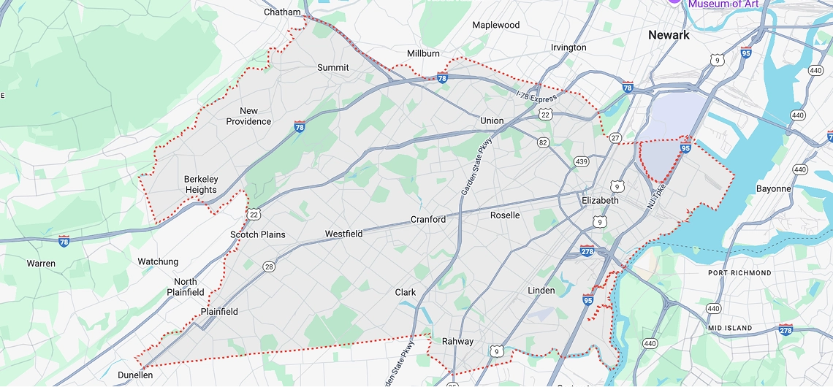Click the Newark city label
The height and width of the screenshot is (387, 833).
click(669, 35)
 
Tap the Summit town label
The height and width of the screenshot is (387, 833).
click(332, 67)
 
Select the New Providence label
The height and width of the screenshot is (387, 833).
click(248, 116)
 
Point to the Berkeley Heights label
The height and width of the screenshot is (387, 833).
click(201, 185)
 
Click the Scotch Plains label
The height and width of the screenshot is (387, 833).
click(258, 234)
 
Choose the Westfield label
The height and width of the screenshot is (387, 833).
click(343, 234)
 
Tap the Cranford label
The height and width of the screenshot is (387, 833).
click(428, 219)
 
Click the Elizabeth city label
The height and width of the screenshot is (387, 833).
click(600, 200)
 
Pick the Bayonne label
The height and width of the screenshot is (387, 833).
click(773, 188)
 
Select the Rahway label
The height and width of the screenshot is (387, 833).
click(457, 341)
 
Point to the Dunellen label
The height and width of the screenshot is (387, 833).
click(135, 375)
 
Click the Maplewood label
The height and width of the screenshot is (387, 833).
click(496, 25)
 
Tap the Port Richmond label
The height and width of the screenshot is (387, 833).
click(739, 273)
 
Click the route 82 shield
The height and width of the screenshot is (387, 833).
click(542, 142)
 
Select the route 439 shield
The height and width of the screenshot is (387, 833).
click(582, 161)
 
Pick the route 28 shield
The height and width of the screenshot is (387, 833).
click(269, 267)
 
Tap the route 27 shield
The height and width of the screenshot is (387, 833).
click(615, 137)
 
